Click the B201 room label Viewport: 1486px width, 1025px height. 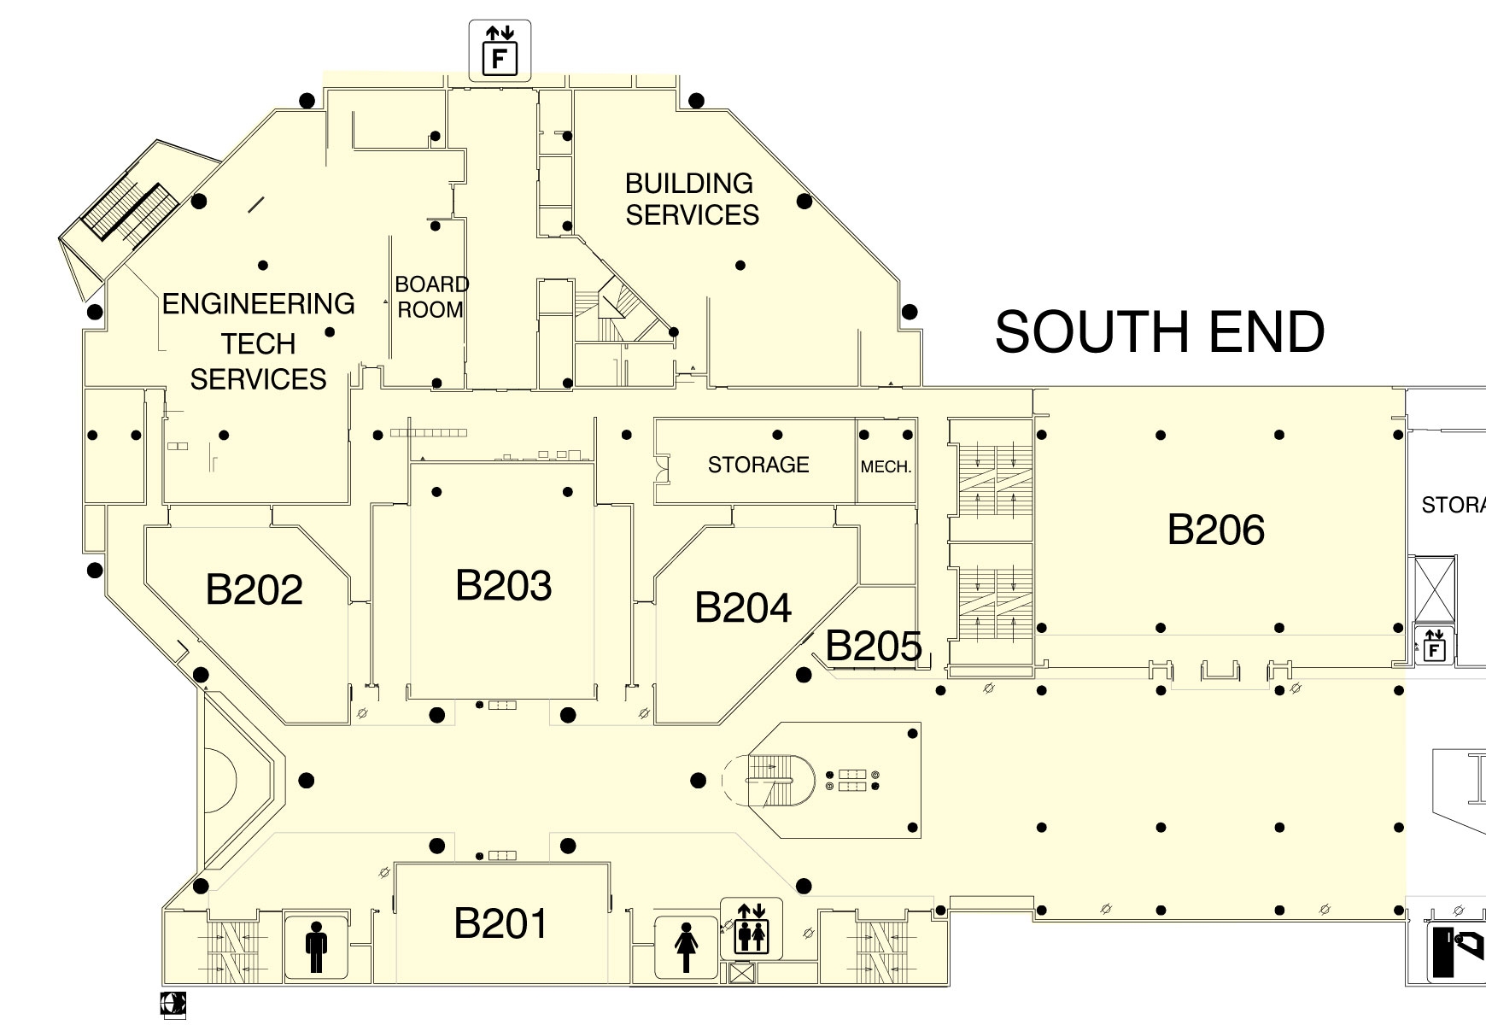[500, 923]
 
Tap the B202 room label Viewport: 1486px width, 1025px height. [254, 590]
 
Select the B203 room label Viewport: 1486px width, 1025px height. [504, 586]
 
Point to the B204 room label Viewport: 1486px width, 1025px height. [743, 608]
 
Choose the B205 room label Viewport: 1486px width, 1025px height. [874, 647]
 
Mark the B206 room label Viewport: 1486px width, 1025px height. [1216, 530]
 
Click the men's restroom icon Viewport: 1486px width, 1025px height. [316, 946]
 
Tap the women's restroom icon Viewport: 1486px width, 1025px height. [686, 946]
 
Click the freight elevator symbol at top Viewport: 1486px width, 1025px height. [500, 50]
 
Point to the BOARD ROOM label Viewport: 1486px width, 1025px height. [431, 297]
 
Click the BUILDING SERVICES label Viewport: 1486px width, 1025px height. [692, 199]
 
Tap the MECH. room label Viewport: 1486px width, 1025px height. [886, 468]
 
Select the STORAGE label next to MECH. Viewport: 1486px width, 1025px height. [758, 465]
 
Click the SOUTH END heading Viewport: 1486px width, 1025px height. [1160, 332]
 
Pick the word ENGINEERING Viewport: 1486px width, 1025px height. [259, 304]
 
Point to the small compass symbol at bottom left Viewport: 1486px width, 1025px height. [173, 1004]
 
